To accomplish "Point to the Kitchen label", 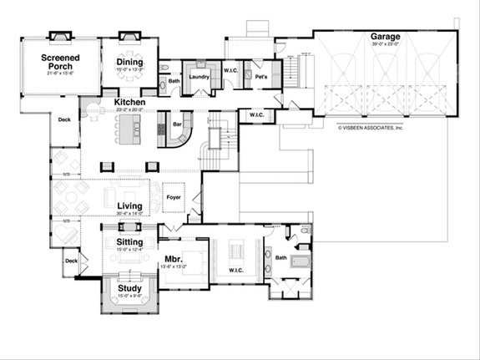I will click(x=130, y=103).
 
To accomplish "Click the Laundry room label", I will click(x=199, y=77).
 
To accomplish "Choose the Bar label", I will click(x=177, y=126).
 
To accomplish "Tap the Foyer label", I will click(x=174, y=198).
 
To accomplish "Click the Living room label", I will click(x=129, y=206).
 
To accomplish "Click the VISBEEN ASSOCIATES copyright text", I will click(x=371, y=129).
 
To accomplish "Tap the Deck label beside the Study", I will click(x=69, y=261).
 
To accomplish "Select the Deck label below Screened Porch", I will click(x=64, y=119).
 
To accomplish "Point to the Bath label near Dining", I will click(x=174, y=81).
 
